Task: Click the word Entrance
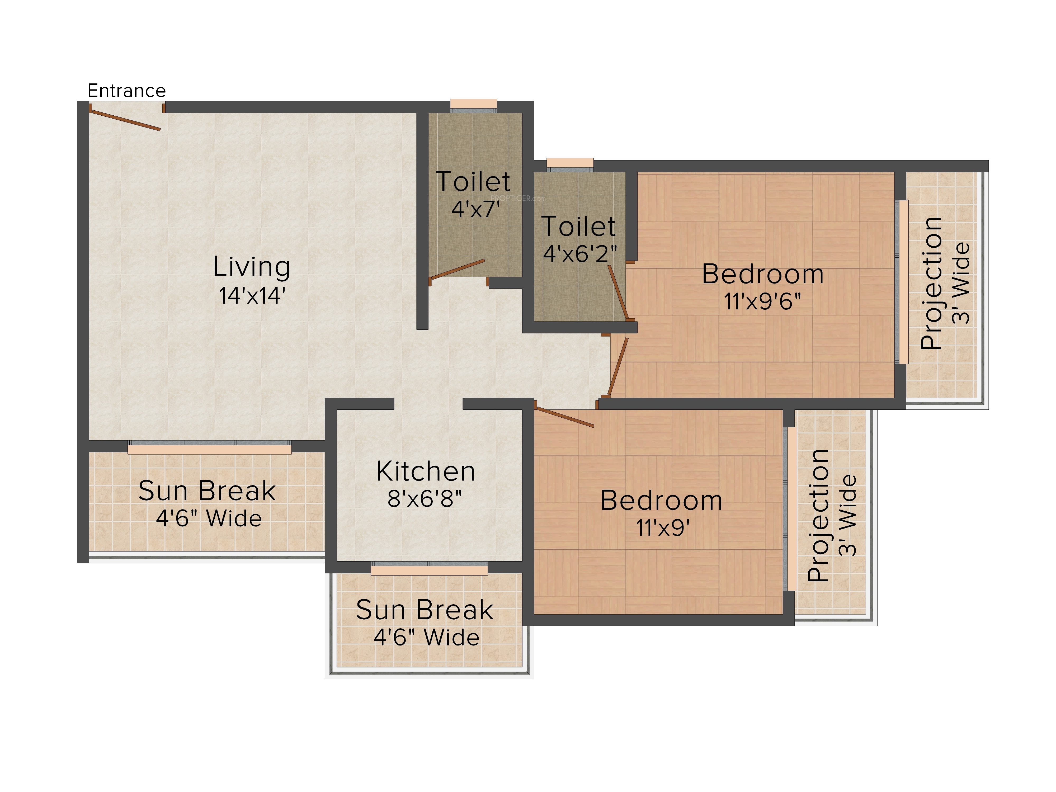tap(126, 91)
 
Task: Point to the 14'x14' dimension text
tap(252, 295)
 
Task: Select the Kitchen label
tap(426, 472)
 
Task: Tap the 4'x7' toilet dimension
tap(475, 209)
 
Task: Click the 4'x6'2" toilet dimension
tap(579, 253)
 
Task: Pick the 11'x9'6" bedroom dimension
tap(762, 301)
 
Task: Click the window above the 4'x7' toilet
tap(474, 106)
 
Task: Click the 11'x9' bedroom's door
tap(564, 414)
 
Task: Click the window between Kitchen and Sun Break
tap(429, 568)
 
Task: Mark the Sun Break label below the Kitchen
tap(425, 610)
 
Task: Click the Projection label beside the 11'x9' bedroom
tap(818, 516)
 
